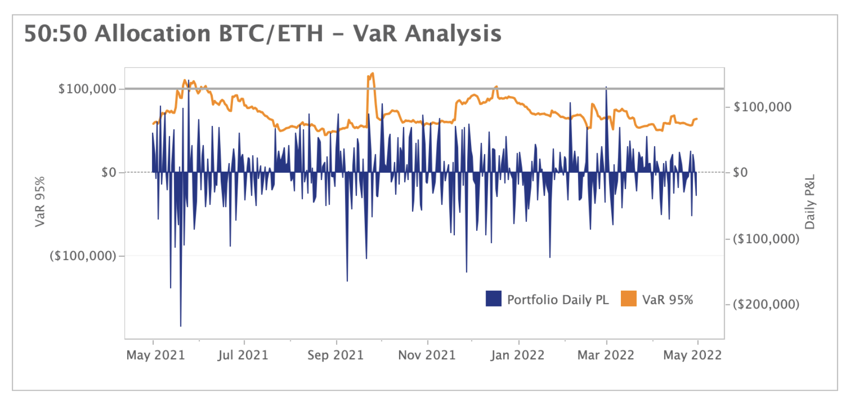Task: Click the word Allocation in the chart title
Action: (152, 34)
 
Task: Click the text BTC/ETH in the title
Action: (271, 34)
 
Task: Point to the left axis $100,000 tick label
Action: (87, 89)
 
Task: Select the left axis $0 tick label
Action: (108, 173)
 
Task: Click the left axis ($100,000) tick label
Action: (83, 256)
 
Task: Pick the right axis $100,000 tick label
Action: (762, 107)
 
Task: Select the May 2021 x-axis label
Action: (156, 355)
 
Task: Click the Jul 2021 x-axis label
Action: (243, 355)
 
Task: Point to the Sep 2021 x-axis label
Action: (336, 355)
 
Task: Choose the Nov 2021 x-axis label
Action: (427, 355)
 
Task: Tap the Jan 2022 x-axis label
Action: (517, 355)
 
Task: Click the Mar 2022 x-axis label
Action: (605, 355)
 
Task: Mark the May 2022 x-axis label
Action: (692, 355)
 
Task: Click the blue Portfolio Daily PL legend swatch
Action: (494, 299)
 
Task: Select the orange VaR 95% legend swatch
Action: (629, 299)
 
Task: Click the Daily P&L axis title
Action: (810, 201)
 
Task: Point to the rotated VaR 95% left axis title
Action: (40, 201)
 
